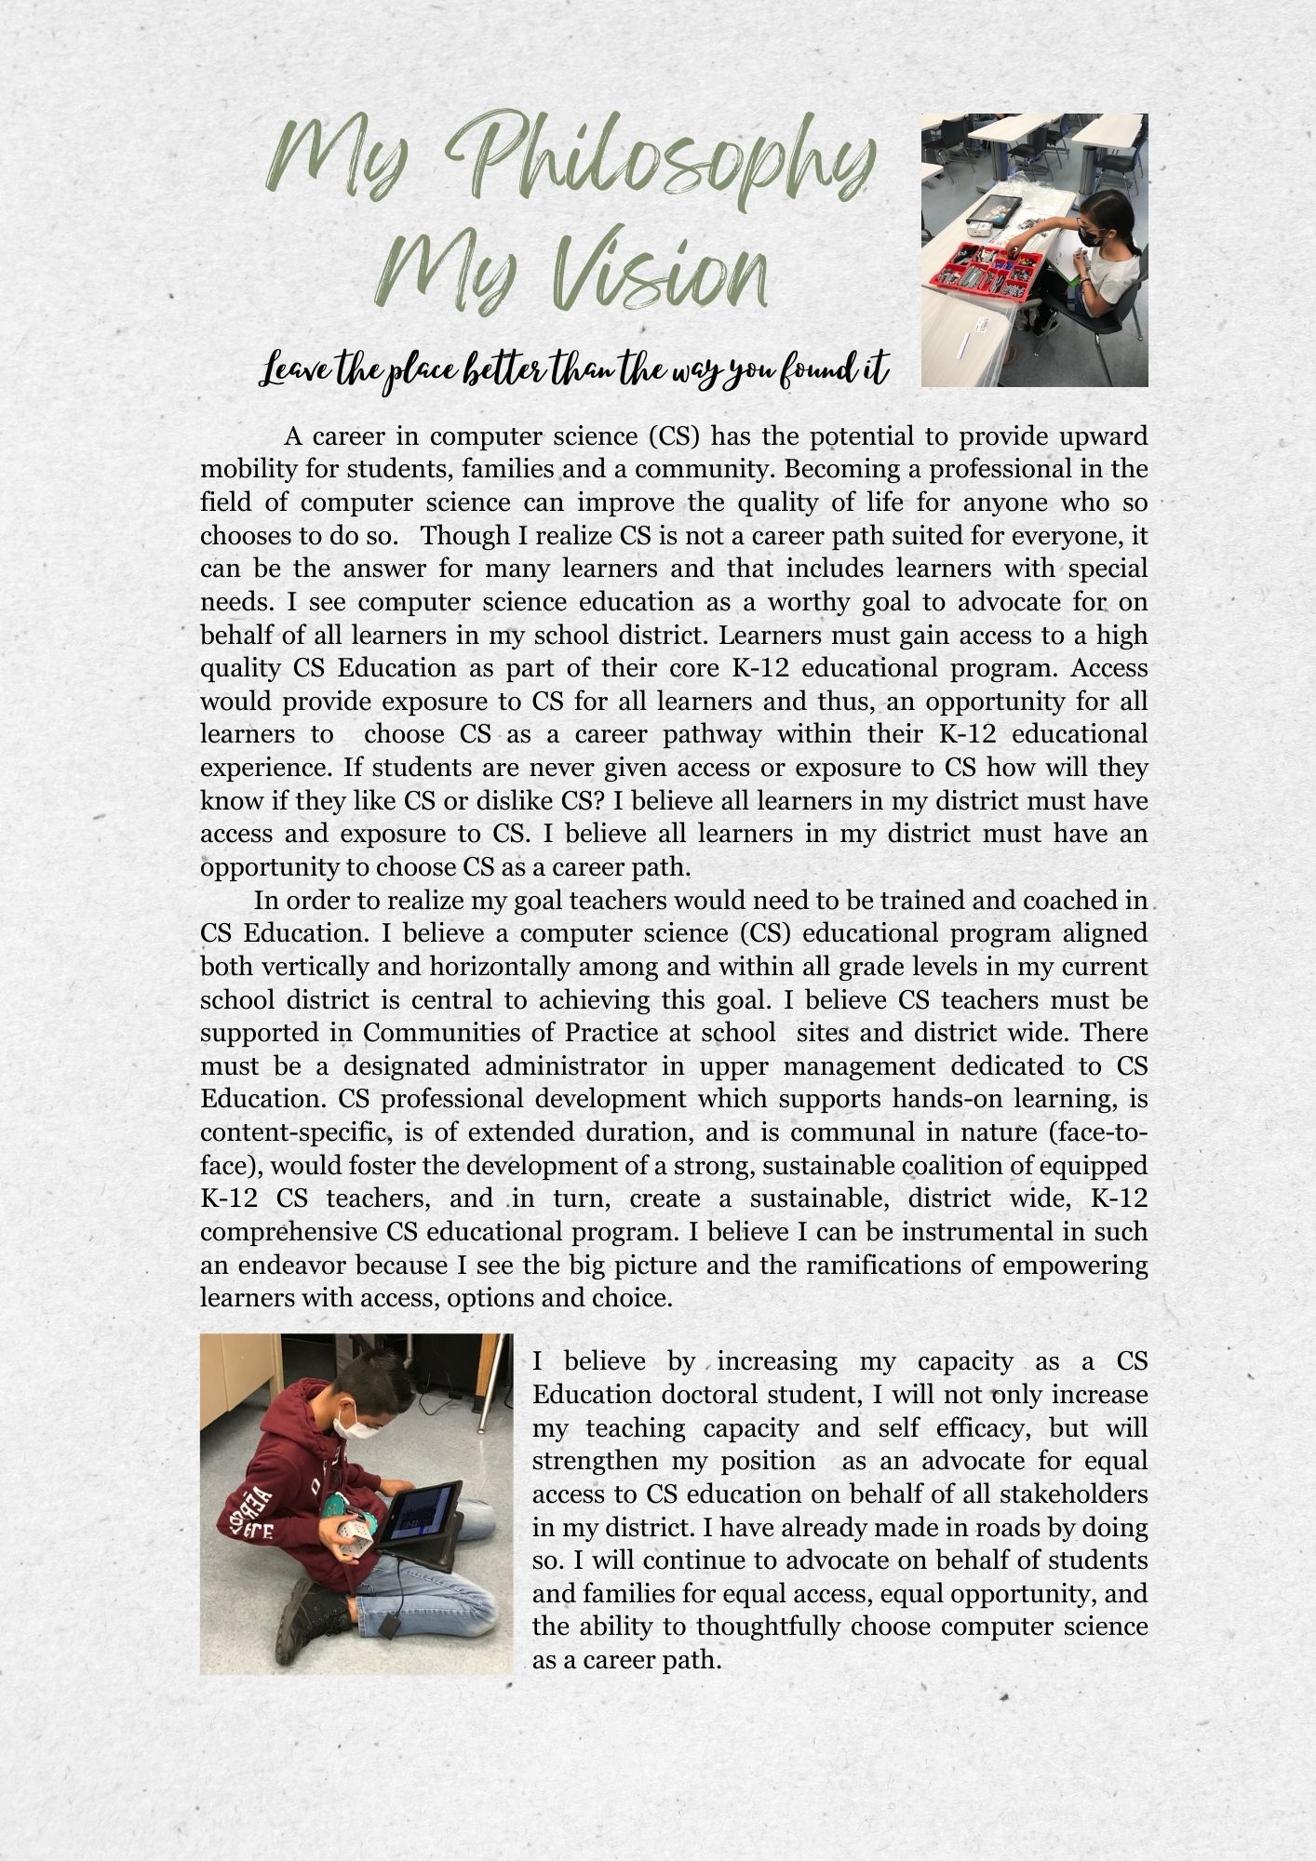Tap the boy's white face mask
pos(356,1424)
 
